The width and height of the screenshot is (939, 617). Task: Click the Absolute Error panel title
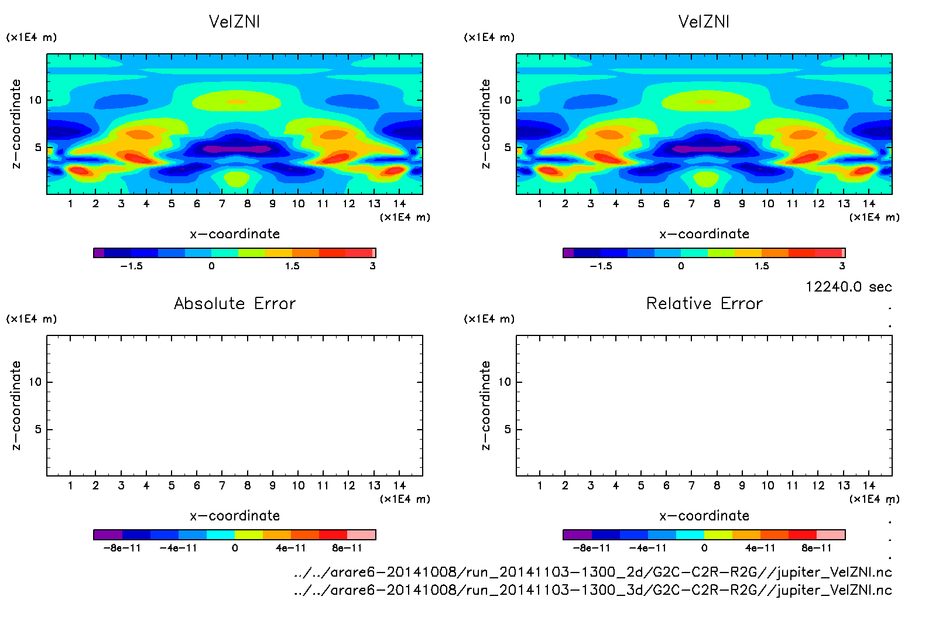[x=235, y=303]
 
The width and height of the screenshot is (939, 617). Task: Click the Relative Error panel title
[x=704, y=303]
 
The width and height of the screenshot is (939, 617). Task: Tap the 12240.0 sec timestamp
[x=848, y=287]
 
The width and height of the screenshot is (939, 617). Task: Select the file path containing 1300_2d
[x=592, y=572]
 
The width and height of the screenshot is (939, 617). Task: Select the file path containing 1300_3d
[x=592, y=590]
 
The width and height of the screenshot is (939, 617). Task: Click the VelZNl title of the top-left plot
[x=234, y=22]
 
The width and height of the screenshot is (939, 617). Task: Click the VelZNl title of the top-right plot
[x=704, y=22]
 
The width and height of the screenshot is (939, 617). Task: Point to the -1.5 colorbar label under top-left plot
[x=131, y=266]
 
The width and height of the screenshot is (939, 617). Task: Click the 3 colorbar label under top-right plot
[x=842, y=266]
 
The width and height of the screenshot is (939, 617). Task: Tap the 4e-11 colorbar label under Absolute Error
[x=291, y=549]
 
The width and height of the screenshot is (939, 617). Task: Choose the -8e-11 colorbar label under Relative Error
[x=591, y=549]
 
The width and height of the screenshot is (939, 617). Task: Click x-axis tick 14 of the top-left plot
[x=399, y=204]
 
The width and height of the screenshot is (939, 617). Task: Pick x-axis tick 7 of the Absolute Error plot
[x=222, y=486]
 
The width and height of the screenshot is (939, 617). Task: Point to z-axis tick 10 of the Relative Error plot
[x=505, y=382]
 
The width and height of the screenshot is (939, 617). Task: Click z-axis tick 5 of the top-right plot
[x=508, y=148]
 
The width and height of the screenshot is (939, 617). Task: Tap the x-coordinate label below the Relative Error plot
[x=704, y=516]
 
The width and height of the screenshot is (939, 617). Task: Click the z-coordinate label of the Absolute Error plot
[x=16, y=405]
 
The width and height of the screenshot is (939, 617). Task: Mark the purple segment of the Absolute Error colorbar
[x=108, y=534]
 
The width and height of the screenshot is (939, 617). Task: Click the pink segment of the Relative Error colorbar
[x=831, y=534]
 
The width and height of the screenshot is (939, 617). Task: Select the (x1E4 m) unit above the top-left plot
[x=32, y=37]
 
